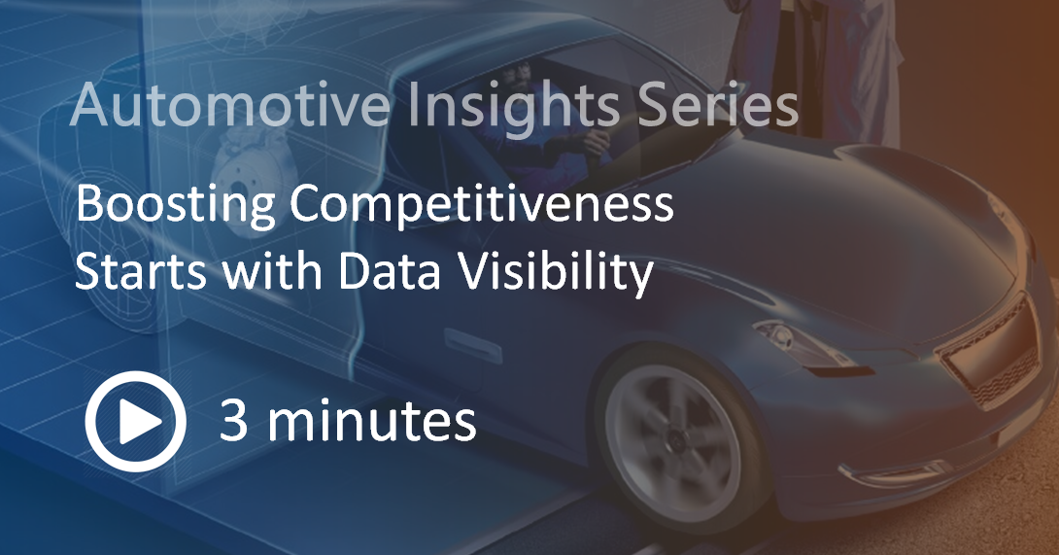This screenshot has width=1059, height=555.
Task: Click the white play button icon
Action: coord(135,422)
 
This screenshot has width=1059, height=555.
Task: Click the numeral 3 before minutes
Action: coord(233,422)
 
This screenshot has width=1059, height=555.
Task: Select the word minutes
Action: coord(372,422)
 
